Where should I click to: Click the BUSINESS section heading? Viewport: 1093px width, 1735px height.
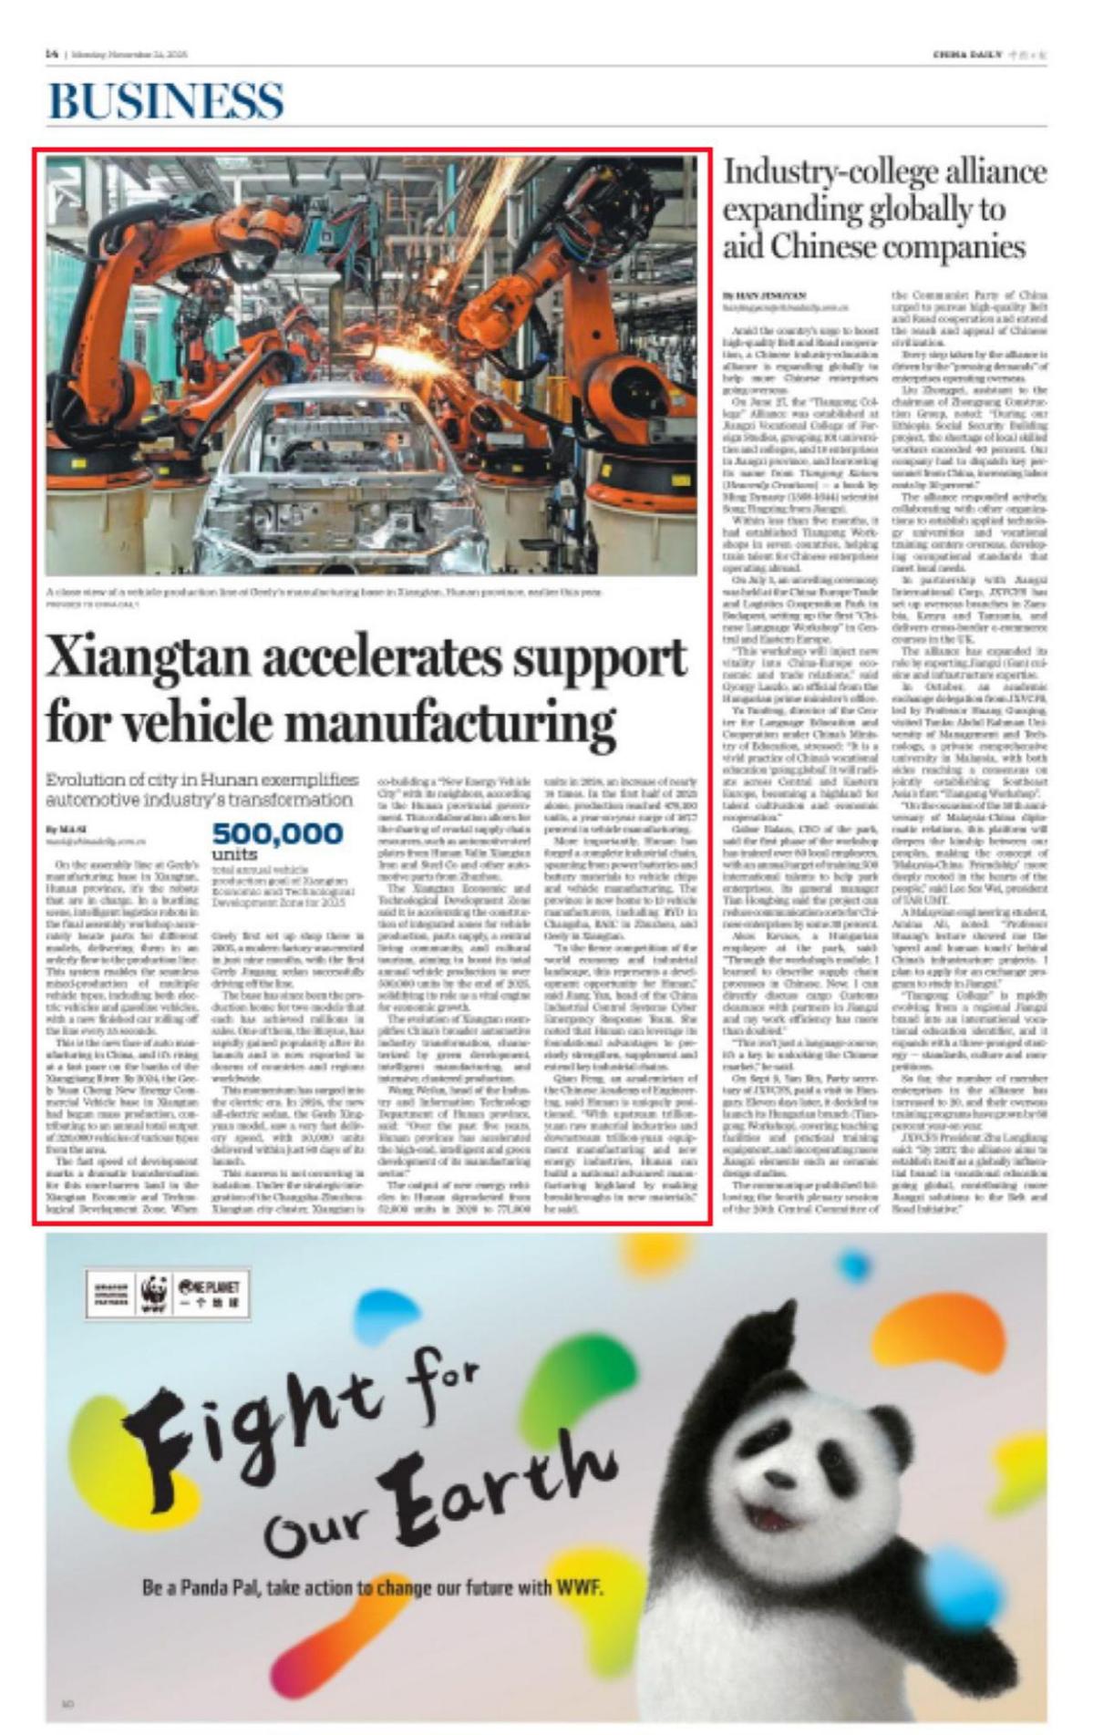click(166, 100)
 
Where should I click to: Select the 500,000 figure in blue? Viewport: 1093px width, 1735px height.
click(277, 833)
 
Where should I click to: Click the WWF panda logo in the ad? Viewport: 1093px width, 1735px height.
click(154, 1293)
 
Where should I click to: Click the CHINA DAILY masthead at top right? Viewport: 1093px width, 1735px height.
click(966, 55)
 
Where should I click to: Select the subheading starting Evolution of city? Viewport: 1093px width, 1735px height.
click(201, 790)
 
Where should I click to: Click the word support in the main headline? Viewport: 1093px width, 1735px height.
click(593, 658)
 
